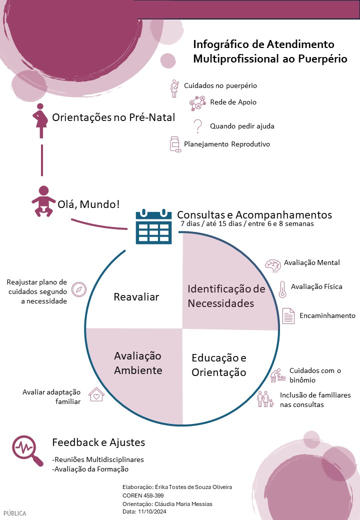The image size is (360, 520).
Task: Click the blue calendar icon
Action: pos(153,226)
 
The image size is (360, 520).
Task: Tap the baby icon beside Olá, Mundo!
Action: pos(43,201)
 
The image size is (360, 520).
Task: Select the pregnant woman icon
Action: pos(39,120)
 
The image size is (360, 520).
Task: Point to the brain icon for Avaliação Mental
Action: pos(272,265)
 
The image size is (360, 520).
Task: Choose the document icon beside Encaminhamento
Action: pos(288,316)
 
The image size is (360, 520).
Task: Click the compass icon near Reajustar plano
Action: pos(79,289)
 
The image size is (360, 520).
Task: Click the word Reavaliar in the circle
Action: pos(136,297)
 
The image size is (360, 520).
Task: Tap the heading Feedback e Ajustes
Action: pos(98,442)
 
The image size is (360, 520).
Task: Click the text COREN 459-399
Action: pos(143,495)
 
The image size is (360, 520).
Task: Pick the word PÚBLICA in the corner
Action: pos(15,513)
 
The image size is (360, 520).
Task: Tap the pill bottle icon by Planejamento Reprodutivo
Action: pos(175,144)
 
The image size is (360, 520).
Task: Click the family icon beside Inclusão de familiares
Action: pos(265,399)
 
